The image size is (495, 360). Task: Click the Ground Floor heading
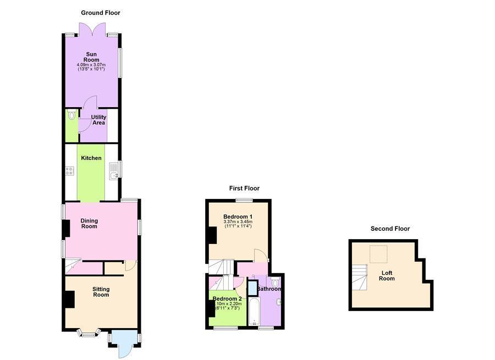[x=100, y=13]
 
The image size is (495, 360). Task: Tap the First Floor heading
[x=244, y=189]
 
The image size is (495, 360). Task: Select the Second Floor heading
[x=390, y=229]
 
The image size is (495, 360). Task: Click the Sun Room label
[x=91, y=57]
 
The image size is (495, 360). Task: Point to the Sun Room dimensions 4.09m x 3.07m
[x=91, y=66]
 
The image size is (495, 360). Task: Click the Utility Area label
[x=98, y=120]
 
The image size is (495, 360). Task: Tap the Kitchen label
[x=91, y=158]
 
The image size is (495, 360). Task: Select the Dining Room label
[x=89, y=224]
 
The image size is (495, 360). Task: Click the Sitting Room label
[x=101, y=292]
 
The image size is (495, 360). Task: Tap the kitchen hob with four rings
[x=69, y=171]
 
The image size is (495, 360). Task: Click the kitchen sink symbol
[x=113, y=171]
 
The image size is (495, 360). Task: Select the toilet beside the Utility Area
[x=71, y=116]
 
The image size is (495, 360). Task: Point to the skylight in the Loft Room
[x=377, y=254]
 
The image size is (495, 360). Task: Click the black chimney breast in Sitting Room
[x=70, y=299]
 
